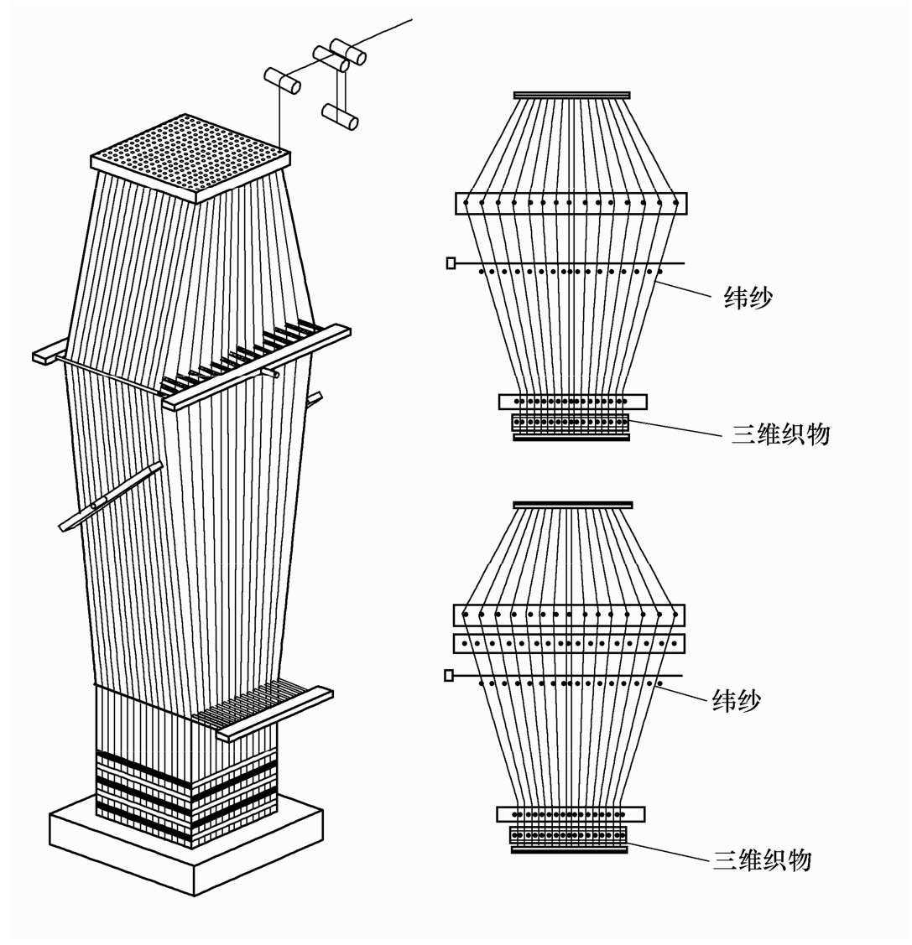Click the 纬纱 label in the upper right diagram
point(748,299)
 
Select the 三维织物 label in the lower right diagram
point(762,859)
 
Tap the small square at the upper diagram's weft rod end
point(451,263)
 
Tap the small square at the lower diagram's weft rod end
point(449,675)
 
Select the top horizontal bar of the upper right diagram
point(571,95)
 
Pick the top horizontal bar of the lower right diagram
point(572,505)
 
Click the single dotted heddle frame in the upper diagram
point(571,203)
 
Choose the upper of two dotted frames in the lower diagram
point(569,615)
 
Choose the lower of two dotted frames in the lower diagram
point(569,644)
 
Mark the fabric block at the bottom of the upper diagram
point(571,423)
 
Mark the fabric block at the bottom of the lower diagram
point(569,835)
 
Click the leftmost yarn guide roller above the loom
point(283,81)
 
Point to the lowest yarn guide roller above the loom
point(341,115)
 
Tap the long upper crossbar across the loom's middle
point(257,367)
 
